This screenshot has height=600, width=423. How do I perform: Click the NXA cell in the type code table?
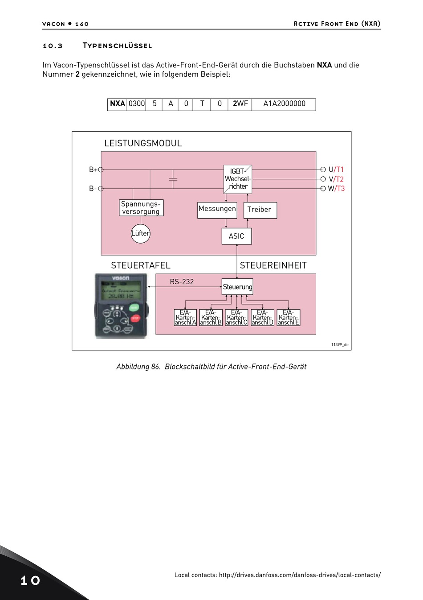[118, 104]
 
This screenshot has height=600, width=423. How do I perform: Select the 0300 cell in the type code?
[137, 104]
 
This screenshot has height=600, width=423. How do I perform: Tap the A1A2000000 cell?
[284, 104]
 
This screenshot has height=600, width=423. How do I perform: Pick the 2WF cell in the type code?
[240, 104]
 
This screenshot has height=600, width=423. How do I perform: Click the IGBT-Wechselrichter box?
[238, 179]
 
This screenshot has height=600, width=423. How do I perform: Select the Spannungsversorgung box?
[141, 208]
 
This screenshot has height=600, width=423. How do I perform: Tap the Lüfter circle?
[140, 233]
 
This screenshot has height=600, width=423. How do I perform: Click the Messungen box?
[217, 209]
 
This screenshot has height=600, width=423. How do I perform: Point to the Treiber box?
[260, 210]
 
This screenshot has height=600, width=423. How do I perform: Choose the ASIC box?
[236, 236]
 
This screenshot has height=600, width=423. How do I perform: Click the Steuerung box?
[237, 287]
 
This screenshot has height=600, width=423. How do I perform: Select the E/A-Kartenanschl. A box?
[185, 318]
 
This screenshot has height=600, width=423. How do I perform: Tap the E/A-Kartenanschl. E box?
[289, 318]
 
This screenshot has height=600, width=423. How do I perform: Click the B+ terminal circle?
[101, 170]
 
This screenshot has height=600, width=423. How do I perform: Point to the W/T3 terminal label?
[336, 189]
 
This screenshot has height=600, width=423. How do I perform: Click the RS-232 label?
[182, 282]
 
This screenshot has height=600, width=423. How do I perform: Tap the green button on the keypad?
[134, 307]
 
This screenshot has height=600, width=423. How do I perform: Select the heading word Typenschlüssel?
[117, 46]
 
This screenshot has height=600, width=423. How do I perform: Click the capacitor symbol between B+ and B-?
[173, 179]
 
